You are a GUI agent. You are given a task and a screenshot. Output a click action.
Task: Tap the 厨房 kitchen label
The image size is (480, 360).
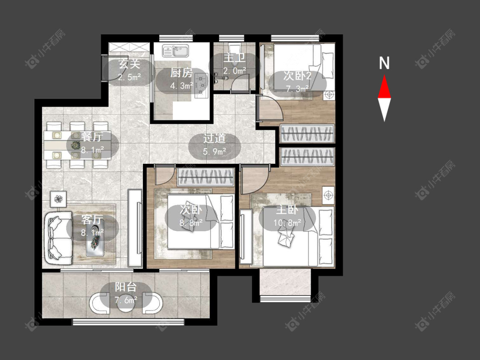tap(181, 73)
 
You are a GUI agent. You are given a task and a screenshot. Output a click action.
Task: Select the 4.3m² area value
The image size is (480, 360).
tap(181, 86)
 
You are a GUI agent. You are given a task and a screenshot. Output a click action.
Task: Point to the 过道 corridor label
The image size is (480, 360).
tap(214, 138)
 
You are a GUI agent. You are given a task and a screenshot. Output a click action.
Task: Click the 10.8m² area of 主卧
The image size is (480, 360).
tap(287, 222)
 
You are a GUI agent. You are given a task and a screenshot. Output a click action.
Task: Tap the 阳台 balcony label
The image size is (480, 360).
tap(126, 287)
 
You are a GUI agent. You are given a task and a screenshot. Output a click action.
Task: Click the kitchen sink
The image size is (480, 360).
tap(175, 51)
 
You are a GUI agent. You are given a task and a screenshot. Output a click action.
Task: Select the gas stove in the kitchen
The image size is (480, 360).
tap(201, 86)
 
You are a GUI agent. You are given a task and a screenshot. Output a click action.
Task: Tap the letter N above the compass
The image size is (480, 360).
tap(384, 63)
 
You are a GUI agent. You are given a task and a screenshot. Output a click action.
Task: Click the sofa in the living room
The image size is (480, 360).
tap(59, 238)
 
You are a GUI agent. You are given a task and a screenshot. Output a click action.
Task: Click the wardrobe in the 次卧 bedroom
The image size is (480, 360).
tap(206, 177)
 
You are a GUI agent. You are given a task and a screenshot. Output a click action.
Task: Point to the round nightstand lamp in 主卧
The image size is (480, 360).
tap(328, 195)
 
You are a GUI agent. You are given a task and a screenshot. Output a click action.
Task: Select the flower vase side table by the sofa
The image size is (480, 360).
tap(58, 199)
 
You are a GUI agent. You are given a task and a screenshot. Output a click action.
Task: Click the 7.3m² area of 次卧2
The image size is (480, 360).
tap(297, 89)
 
